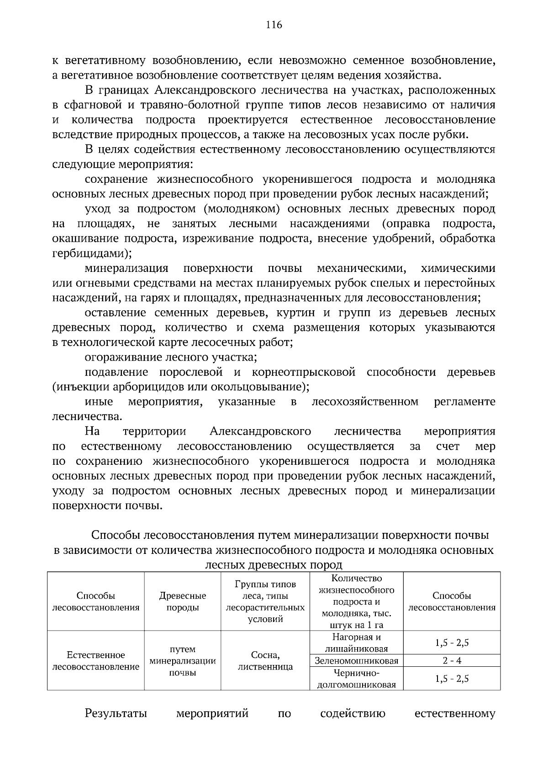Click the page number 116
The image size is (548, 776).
[274, 25]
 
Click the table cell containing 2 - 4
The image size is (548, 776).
[452, 660]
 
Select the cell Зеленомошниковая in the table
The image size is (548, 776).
[356, 660]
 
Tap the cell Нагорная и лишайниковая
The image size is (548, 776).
[356, 643]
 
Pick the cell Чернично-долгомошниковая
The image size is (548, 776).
[356, 679]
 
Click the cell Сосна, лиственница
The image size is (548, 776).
[265, 660]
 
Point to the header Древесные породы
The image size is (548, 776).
[182, 601]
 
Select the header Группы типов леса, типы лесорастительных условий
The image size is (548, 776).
[265, 601]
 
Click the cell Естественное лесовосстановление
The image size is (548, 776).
[96, 660]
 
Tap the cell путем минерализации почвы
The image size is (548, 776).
[182, 660]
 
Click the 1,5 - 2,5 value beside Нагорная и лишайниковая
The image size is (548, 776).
[452, 643]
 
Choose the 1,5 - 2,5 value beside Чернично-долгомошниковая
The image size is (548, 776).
[452, 679]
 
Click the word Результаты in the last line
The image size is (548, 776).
[116, 713]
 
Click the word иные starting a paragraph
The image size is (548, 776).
[99, 402]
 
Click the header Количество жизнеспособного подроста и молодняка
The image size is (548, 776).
[356, 601]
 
